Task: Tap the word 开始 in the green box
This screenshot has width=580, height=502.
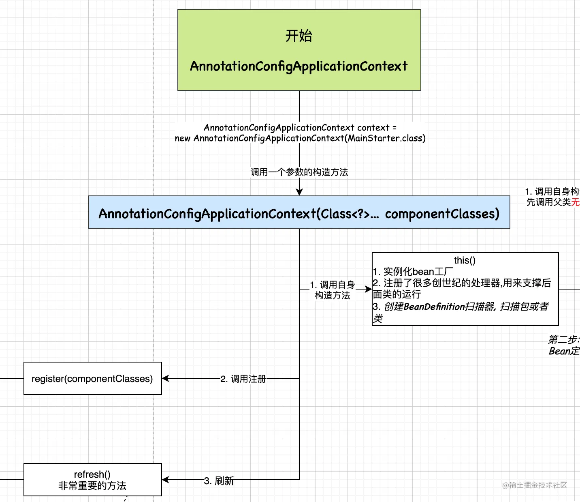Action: coord(299,36)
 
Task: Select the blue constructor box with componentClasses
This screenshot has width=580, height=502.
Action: coord(299,212)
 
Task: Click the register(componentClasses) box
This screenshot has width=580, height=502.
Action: coord(92,378)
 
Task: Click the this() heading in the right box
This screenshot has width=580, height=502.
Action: coord(465,260)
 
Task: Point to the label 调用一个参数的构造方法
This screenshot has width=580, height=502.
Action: coord(299,172)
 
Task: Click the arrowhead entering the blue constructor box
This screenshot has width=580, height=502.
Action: coord(299,192)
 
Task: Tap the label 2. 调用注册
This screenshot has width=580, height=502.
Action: coord(243,379)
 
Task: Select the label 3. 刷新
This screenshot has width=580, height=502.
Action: coord(219,481)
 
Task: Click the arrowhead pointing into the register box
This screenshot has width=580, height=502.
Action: coord(165,378)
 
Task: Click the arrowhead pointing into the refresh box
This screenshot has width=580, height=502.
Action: coord(165,480)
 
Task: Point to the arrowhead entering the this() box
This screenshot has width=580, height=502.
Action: coord(368,289)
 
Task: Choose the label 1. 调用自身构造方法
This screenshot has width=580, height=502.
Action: coord(333,290)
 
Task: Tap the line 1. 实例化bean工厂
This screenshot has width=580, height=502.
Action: coord(413,271)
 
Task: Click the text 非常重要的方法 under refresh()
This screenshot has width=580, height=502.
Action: coord(92,486)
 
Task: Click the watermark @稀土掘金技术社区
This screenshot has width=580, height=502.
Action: coord(535,485)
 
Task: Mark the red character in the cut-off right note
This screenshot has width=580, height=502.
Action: coord(576,202)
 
